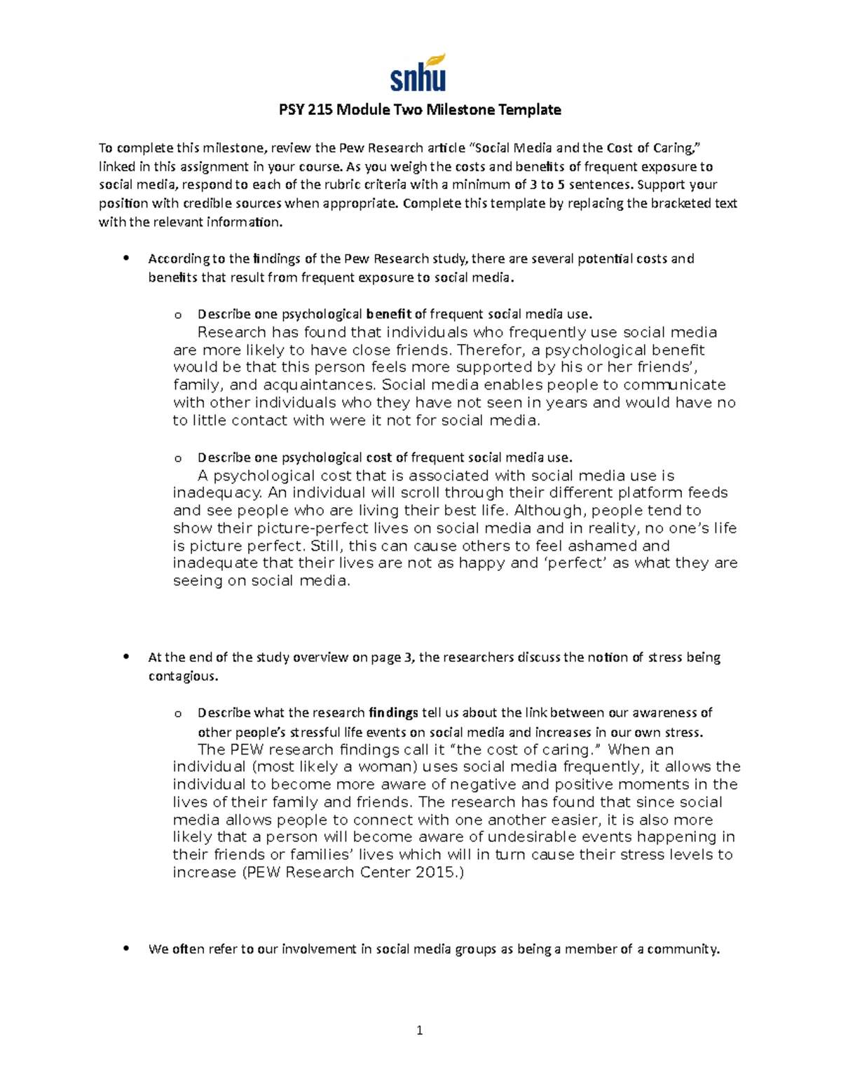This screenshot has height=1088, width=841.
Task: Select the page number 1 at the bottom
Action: click(x=420, y=1030)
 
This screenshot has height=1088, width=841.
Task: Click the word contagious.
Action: click(x=183, y=677)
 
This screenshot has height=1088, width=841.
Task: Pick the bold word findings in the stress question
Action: click(x=393, y=713)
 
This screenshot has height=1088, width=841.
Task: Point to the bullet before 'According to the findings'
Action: click(x=126, y=259)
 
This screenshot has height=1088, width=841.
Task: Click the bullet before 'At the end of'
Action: click(x=126, y=657)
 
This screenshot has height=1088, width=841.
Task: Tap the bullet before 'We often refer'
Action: click(x=126, y=949)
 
